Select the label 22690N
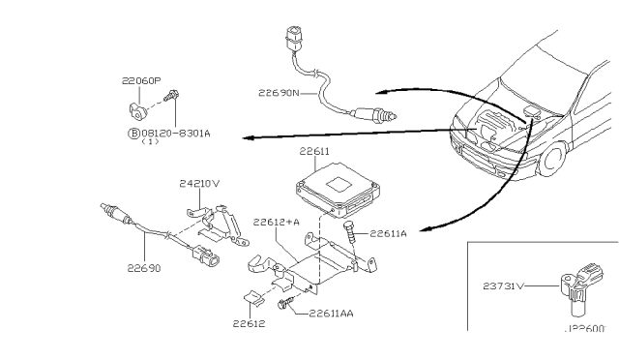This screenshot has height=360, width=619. click(279, 94)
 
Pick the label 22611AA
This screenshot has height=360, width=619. click(333, 314)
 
